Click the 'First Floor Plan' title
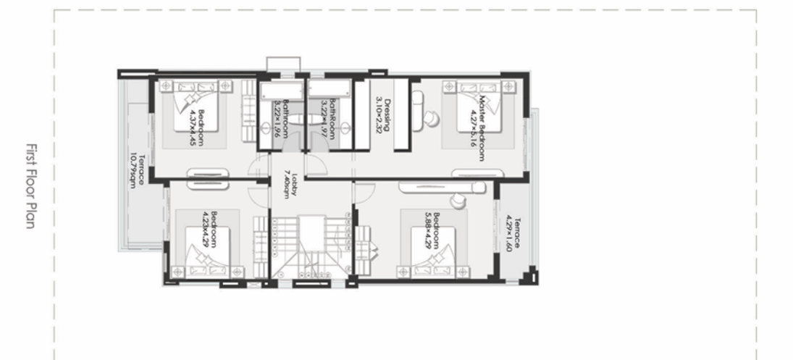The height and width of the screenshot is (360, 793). pyautogui.click(x=28, y=185)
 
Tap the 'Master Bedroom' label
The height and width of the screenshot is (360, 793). pyautogui.click(x=481, y=119)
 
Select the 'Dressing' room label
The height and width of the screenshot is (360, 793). pyautogui.click(x=387, y=115)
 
